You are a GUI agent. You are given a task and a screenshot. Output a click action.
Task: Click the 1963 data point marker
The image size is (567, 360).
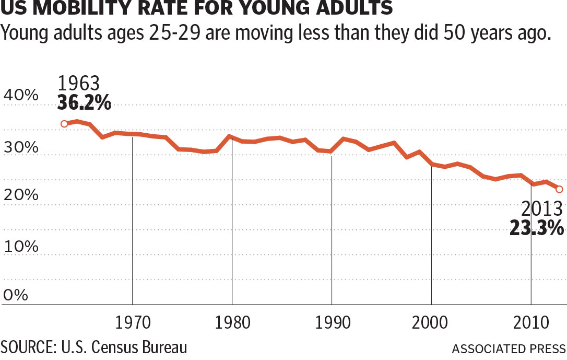(x=64, y=124)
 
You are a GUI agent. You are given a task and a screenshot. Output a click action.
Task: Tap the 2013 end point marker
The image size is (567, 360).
(x=559, y=189)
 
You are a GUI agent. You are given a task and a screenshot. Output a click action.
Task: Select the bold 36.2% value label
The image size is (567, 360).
(x=84, y=103)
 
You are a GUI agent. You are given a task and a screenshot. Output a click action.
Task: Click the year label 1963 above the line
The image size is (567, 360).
(x=78, y=84)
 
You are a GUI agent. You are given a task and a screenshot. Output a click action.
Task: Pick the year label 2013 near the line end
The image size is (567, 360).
(x=542, y=209)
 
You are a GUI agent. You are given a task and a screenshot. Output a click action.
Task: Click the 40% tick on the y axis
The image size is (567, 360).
(x=21, y=96)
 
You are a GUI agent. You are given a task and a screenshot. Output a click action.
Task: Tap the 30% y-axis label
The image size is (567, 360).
(x=21, y=147)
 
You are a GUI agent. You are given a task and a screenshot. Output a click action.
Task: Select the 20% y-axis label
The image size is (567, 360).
(x=21, y=195)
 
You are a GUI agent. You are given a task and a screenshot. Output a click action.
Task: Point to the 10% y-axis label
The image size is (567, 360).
(x=21, y=246)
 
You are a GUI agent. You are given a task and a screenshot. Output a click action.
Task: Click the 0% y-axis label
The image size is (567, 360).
(x=15, y=296)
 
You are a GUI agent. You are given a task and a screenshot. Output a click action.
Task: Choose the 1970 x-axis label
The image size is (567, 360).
(x=133, y=322)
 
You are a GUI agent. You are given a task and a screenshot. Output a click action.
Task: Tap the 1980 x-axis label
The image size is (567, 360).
(x=232, y=322)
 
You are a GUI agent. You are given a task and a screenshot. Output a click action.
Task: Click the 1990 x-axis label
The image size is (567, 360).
(x=332, y=322)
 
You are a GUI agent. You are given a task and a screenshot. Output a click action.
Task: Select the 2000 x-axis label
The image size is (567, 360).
(x=431, y=322)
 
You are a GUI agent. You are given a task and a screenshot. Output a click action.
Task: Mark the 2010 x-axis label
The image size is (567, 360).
(x=531, y=322)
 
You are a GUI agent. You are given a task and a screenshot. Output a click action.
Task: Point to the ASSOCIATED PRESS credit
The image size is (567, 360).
(x=509, y=349)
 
